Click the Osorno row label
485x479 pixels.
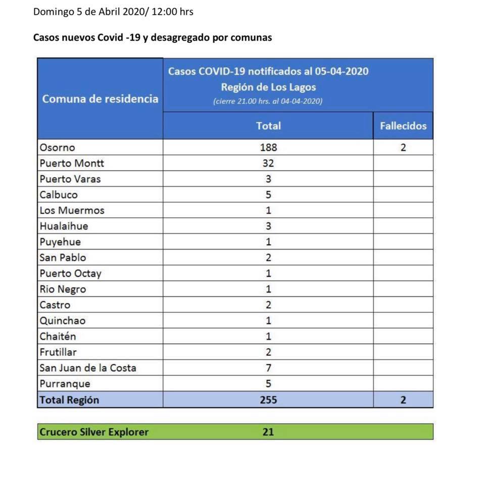coord(57,148)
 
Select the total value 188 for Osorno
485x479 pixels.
coord(268,148)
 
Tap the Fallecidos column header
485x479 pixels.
coord(403,126)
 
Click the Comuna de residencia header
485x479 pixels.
coord(100,99)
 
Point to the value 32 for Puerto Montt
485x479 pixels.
coord(268,163)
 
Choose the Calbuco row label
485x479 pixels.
coord(59,195)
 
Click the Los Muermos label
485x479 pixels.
coord(72,210)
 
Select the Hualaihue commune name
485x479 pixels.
coord(64,226)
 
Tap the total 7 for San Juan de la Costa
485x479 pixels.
coord(268,368)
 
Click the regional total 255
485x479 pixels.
coord(268,400)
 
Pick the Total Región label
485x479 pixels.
coord(69,400)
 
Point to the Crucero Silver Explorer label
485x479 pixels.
coord(94,432)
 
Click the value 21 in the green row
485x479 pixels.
coord(268,432)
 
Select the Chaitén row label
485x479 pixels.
coord(58,337)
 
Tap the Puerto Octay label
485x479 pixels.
coord(70,273)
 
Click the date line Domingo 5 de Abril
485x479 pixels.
coord(113,11)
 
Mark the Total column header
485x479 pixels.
coord(268,126)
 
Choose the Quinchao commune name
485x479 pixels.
coord(62,320)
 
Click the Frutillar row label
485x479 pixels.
coord(58,352)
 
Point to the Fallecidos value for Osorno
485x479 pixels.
coord(403,148)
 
